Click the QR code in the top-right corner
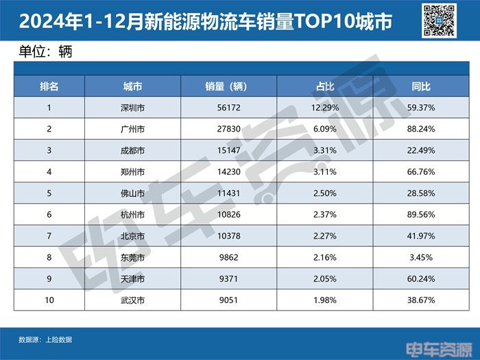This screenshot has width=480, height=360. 440,20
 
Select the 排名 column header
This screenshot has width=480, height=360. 49,86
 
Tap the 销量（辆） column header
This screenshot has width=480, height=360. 228,86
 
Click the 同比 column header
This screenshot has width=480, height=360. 421,86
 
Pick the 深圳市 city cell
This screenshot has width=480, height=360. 132,108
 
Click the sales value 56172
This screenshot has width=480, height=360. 228,108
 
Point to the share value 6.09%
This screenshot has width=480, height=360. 324,129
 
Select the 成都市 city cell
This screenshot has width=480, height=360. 132,150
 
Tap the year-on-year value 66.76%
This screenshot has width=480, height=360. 421,172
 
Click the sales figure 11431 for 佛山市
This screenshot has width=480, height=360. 228,193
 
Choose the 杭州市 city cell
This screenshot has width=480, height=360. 132,215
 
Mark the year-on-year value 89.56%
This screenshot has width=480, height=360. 421,215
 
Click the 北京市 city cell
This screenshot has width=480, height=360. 132,237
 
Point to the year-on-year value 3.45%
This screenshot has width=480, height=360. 421,258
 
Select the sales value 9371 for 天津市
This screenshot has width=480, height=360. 228,279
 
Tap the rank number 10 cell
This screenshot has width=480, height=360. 49,300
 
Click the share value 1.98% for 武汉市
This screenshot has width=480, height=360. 324,300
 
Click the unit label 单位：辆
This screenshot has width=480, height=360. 43,51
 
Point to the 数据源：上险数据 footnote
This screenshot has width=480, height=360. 45,339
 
